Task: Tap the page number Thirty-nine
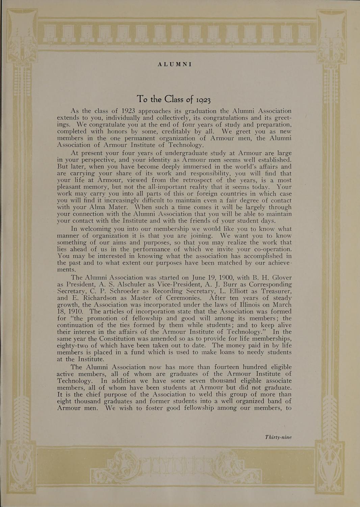tap(278, 437)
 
